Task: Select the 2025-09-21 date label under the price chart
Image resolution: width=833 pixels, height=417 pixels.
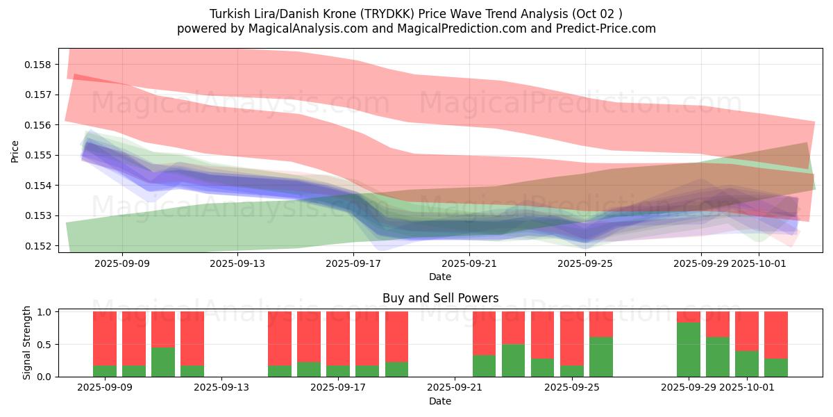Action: pyautogui.click(x=469, y=263)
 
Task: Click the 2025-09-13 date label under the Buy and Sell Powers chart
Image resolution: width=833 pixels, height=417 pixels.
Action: pyautogui.click(x=221, y=388)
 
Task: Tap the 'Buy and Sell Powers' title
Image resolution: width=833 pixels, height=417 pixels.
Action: pyautogui.click(x=440, y=298)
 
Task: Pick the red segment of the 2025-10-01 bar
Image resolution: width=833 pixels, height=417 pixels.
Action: pyautogui.click(x=747, y=331)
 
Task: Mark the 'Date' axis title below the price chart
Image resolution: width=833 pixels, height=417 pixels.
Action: pyautogui.click(x=440, y=277)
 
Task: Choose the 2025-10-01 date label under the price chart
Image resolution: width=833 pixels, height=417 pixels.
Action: pyautogui.click(x=759, y=263)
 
